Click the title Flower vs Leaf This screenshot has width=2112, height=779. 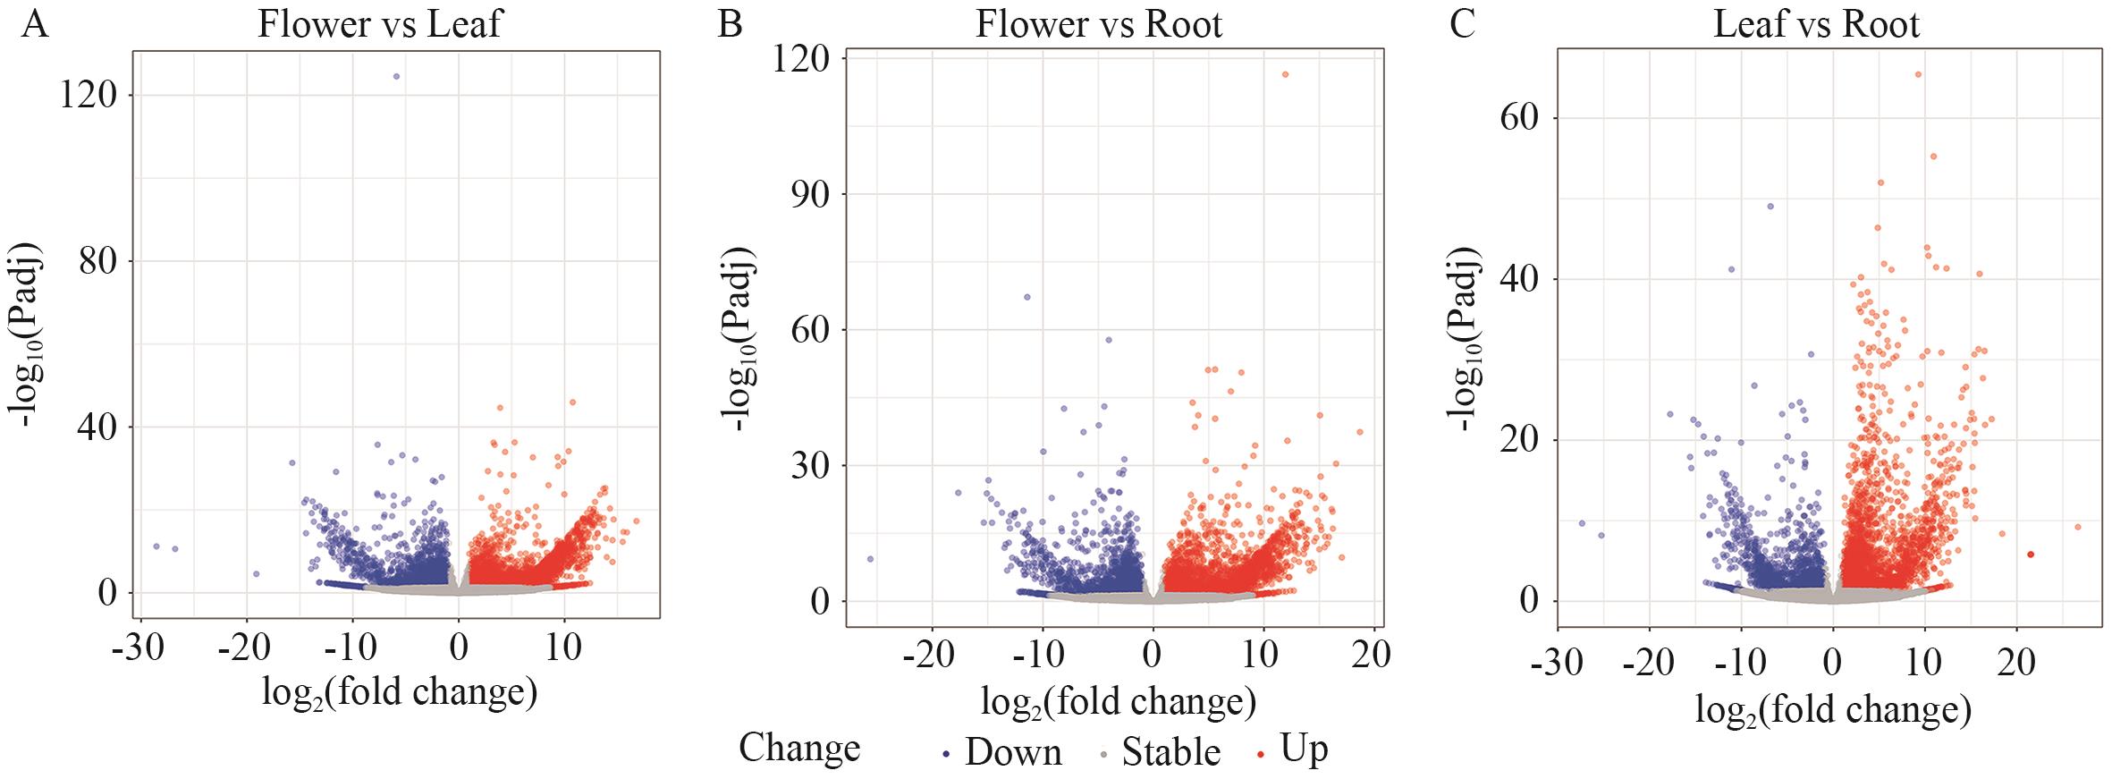380,24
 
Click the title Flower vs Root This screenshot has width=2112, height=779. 1099,24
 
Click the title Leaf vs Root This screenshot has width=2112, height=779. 1816,24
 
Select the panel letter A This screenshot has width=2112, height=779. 35,24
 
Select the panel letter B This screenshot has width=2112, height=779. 731,24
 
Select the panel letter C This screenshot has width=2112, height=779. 1462,24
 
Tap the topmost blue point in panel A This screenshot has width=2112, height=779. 396,77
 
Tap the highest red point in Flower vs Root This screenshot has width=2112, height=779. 1285,74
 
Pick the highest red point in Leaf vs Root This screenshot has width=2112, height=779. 1918,75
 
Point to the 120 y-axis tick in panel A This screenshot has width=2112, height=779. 89,95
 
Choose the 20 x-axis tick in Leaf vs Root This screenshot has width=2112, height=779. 2015,663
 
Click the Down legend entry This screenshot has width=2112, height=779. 1012,753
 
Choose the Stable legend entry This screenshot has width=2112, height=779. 1170,753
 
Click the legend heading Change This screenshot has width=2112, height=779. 799,748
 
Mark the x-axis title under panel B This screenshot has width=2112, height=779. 1118,702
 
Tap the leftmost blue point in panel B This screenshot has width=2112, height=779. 870,559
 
